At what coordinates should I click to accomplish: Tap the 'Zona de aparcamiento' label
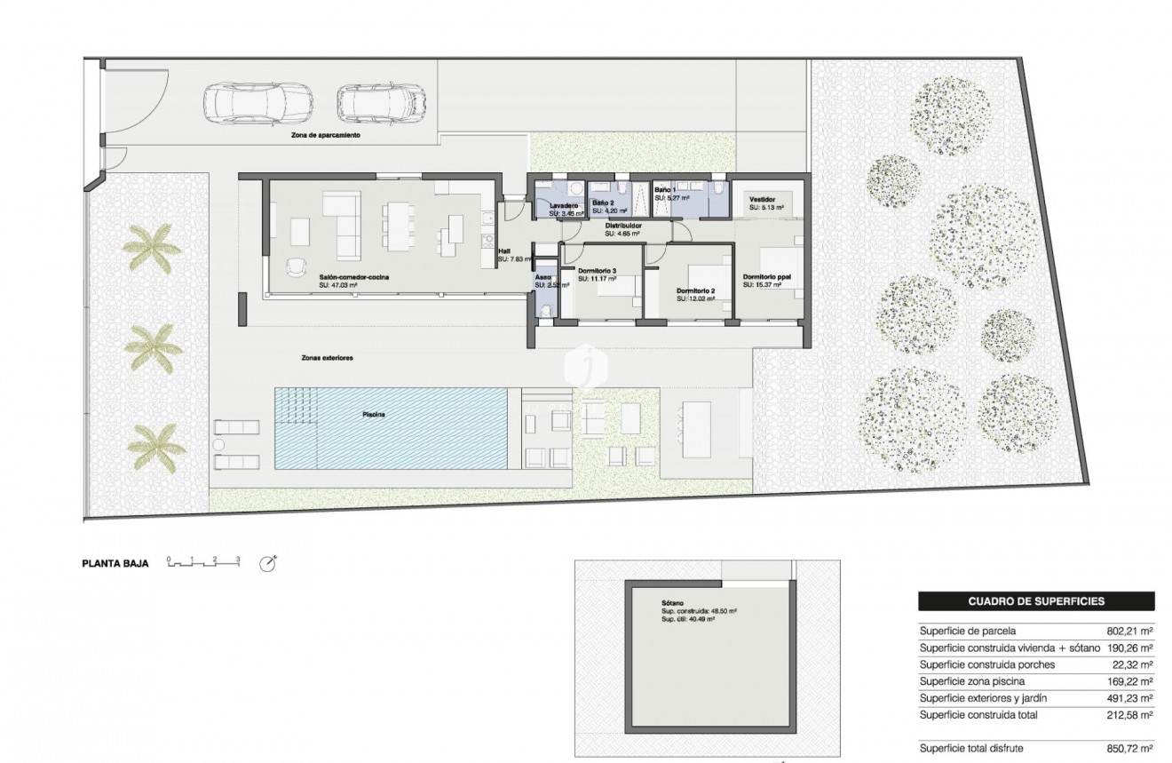tap(325, 136)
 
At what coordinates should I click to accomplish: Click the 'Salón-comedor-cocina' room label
tap(355, 277)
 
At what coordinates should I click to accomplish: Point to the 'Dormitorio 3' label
tap(597, 270)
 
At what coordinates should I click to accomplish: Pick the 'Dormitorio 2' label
tap(695, 290)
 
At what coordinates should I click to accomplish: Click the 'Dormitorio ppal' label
tap(767, 276)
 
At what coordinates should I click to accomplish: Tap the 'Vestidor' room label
tap(764, 200)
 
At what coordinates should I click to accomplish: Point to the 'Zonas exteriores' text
tap(327, 357)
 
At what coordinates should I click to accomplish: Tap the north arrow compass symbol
tap(267, 563)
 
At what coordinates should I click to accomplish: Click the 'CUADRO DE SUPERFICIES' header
tap(1035, 601)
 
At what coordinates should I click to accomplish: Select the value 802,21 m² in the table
tap(1129, 631)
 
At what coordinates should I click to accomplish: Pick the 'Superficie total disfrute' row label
tap(973, 749)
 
